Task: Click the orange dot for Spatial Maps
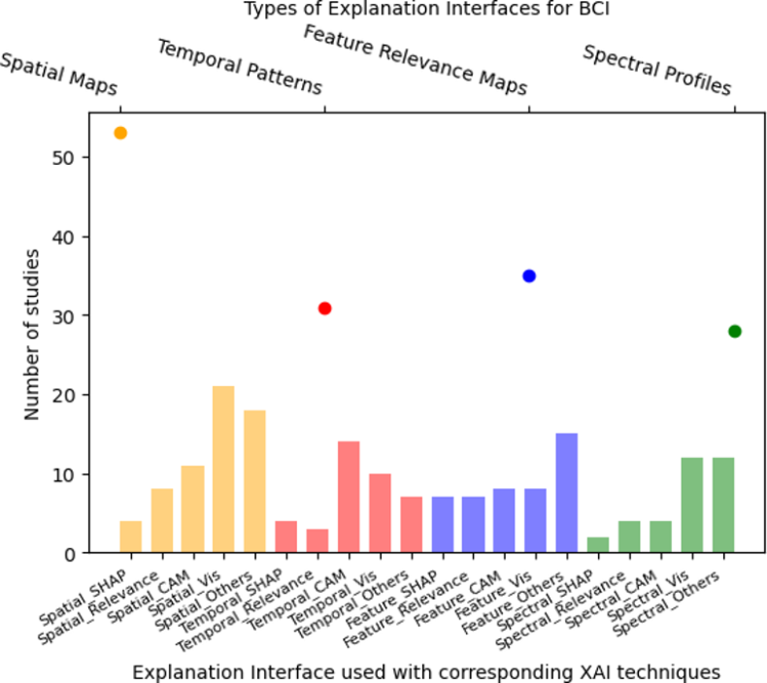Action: point(120,133)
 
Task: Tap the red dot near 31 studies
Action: point(324,309)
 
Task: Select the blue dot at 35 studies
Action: point(529,276)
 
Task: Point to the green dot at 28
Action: point(734,332)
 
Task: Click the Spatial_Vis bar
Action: point(223,470)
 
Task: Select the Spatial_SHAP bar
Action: point(130,537)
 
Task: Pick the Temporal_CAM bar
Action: point(349,497)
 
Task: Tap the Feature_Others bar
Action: point(567,493)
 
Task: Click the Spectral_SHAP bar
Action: point(598,545)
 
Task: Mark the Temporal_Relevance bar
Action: point(317,541)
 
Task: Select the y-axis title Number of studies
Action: point(32,335)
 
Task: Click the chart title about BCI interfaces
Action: point(431,11)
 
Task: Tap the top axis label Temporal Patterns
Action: point(240,67)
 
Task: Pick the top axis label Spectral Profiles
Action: point(656,70)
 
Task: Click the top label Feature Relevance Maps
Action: point(416,60)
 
